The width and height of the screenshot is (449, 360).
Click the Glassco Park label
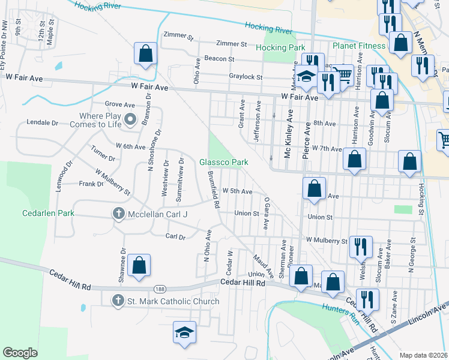pos(224,162)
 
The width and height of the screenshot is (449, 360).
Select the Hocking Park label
pos(280,47)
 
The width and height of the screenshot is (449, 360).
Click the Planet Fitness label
pos(359,46)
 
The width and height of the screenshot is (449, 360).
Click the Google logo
pos(20,353)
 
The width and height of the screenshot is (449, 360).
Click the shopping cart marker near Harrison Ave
pos(342,74)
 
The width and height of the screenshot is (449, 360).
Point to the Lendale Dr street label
pos(42,122)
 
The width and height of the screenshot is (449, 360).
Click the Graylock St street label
pos(246,77)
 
